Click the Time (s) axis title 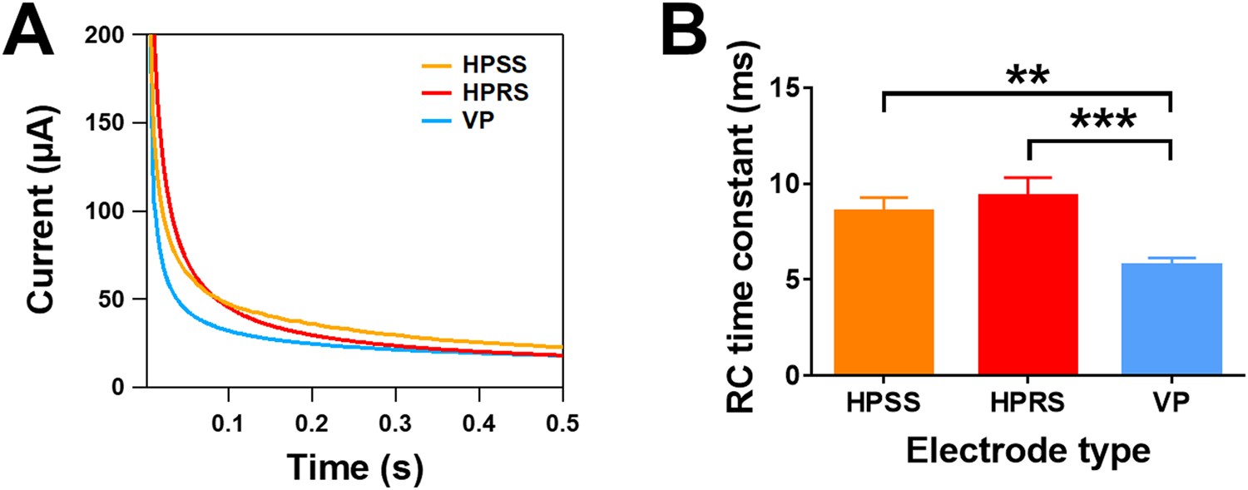(x=355, y=468)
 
